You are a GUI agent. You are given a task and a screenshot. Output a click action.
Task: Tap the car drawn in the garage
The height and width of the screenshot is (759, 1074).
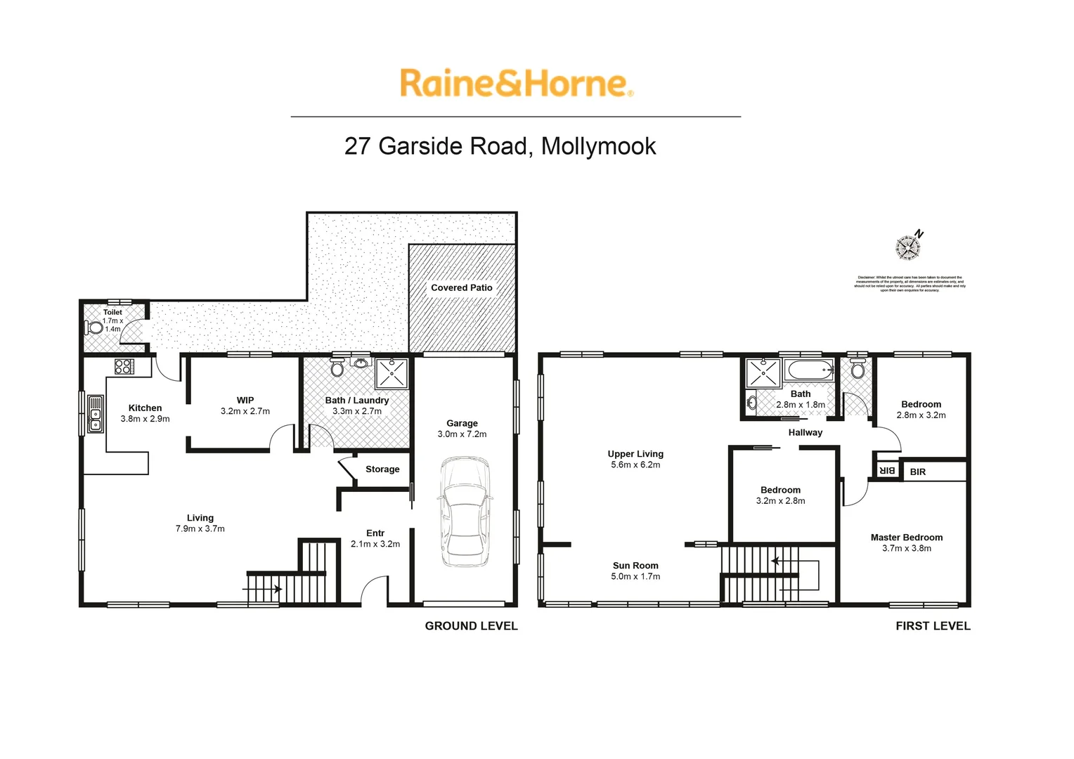tap(463, 512)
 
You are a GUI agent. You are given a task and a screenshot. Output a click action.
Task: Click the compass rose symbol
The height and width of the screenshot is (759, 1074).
tap(907, 247)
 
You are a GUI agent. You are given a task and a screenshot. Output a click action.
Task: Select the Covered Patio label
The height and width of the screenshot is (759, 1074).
tap(461, 287)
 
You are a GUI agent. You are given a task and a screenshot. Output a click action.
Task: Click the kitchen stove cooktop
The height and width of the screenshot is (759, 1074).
tap(124, 366)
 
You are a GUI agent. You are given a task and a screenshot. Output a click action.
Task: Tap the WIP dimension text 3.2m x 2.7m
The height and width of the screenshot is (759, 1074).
tap(245, 411)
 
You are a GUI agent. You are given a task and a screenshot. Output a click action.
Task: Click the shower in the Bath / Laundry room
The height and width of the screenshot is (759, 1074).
tap(392, 374)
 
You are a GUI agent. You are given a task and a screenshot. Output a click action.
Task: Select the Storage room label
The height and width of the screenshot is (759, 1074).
tap(382, 469)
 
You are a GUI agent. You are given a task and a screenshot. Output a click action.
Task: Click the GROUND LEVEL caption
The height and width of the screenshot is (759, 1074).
tap(471, 625)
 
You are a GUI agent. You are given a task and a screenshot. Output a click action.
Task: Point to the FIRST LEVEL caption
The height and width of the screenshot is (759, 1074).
tap(933, 625)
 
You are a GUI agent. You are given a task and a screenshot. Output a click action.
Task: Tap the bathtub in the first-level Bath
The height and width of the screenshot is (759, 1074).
tap(810, 370)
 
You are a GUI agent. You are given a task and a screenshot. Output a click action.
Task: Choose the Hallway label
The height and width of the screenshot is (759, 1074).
tap(805, 432)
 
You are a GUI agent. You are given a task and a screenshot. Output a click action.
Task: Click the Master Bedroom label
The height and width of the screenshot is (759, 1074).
tap(907, 538)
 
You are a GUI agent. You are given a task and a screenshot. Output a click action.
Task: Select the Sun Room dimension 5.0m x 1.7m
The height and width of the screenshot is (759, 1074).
tap(635, 576)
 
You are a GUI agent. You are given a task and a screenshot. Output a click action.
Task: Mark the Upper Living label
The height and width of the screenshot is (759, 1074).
tap(635, 454)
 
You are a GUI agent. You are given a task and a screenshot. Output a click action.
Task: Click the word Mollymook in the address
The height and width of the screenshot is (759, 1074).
tap(599, 146)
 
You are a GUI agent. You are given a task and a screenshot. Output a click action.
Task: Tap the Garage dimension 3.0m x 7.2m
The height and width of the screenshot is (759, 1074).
tap(462, 434)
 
